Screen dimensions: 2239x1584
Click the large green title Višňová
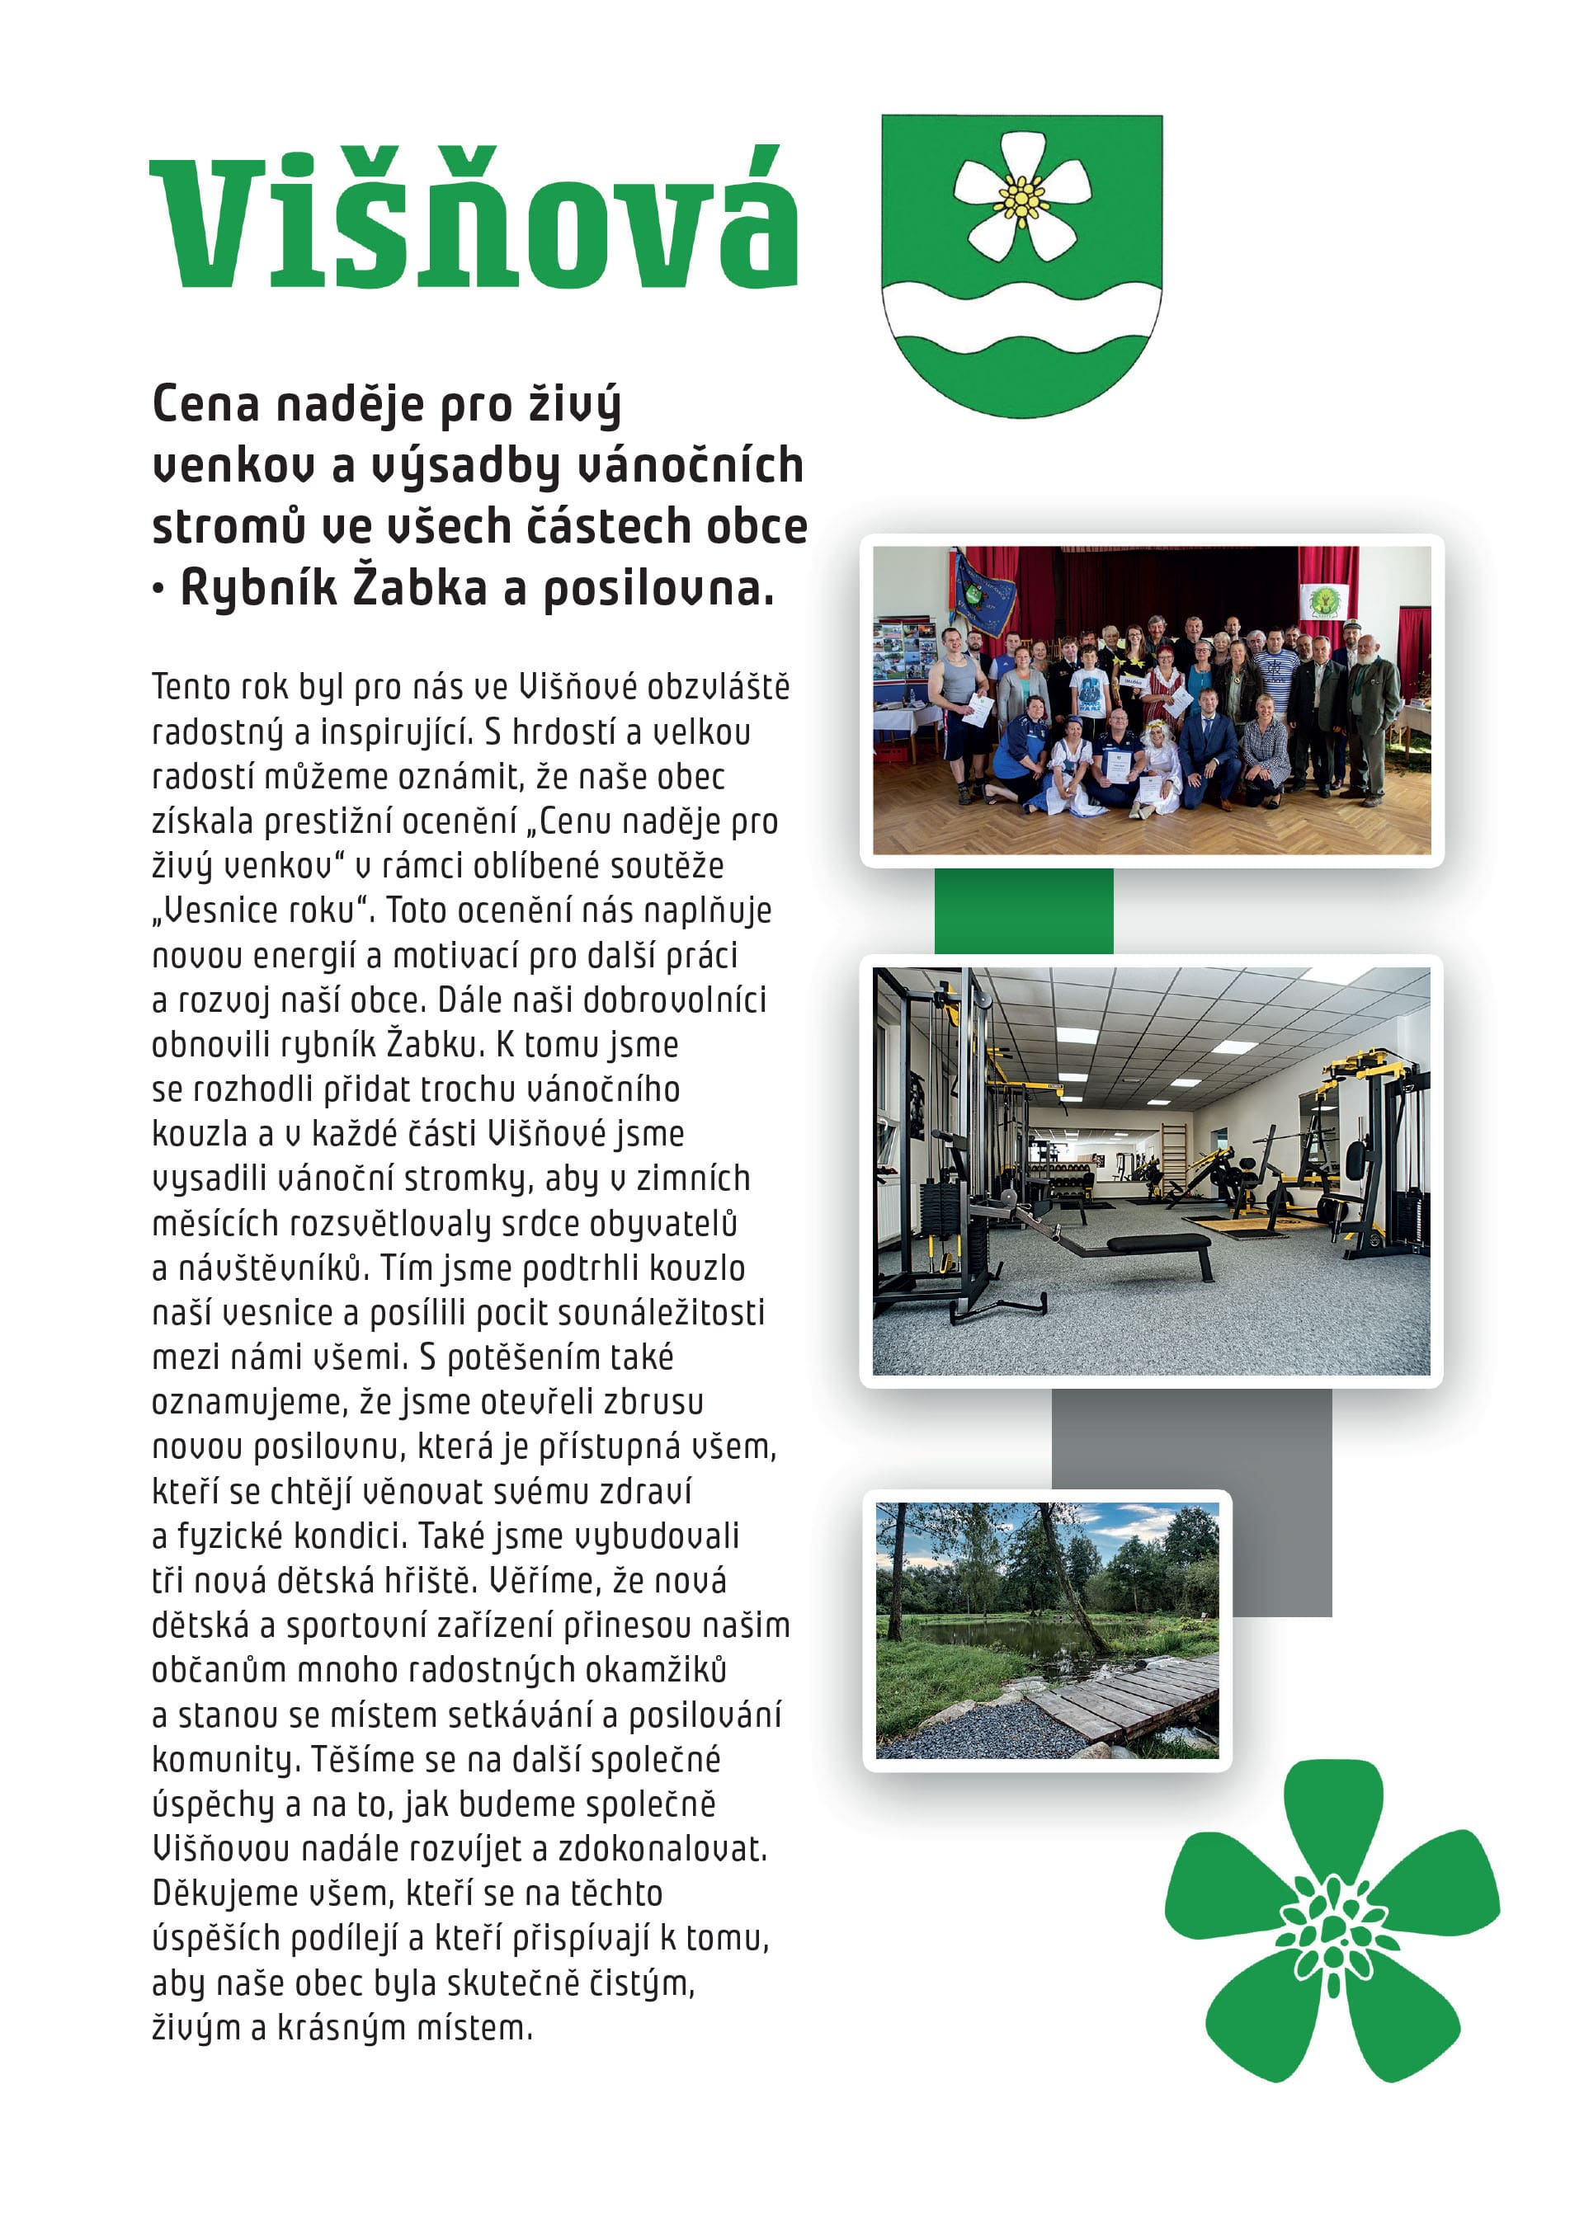474,220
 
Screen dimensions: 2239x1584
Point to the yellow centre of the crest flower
1021,198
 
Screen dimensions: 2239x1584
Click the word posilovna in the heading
658,589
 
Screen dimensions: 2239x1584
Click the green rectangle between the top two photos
1023,910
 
